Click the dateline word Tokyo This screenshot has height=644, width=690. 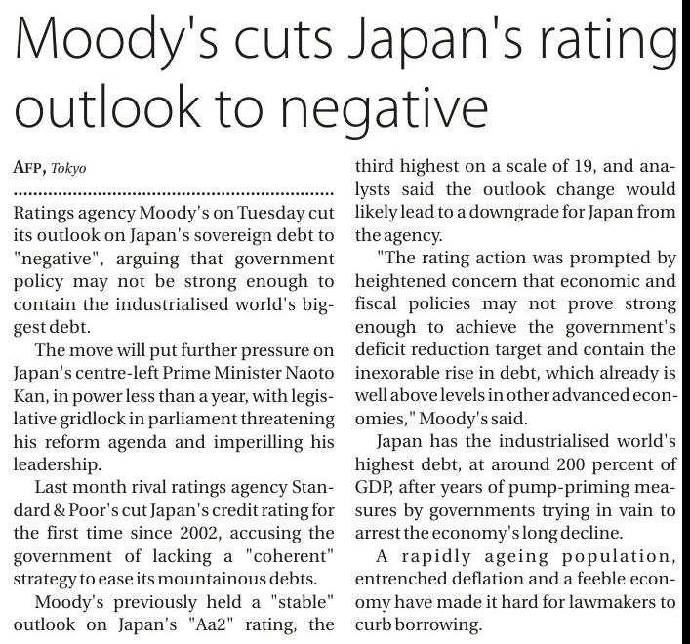(70, 168)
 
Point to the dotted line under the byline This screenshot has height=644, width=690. (176, 190)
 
